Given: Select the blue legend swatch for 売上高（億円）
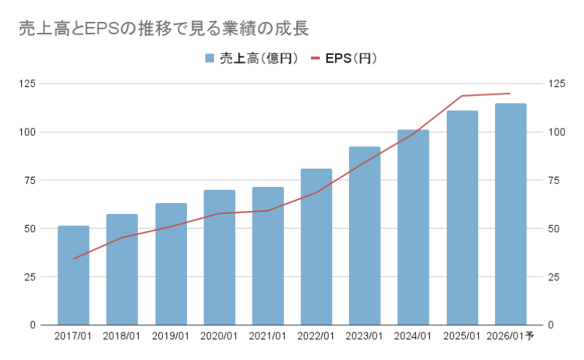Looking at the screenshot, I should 210,58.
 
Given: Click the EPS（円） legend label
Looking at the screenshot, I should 351,58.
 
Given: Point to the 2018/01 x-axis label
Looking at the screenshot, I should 122,337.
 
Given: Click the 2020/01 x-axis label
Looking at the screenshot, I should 219,337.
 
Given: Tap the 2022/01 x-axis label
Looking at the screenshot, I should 316,337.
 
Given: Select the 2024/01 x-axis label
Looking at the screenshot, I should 413,337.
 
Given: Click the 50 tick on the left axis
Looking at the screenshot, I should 30,229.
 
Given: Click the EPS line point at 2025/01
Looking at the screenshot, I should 462,96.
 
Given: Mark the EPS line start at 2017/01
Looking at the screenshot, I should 74,258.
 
